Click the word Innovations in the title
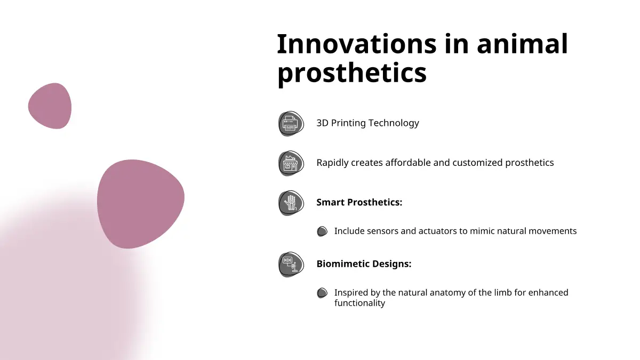click(357, 44)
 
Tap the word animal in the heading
click(522, 44)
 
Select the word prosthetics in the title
click(351, 73)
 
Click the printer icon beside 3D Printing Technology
click(291, 123)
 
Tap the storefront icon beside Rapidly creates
click(291, 163)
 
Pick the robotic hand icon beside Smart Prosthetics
click(291, 203)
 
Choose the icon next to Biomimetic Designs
click(291, 265)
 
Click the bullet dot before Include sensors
click(322, 231)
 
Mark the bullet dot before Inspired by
click(322, 293)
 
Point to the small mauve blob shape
click(50, 106)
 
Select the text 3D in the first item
click(322, 123)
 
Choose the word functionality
click(359, 303)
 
